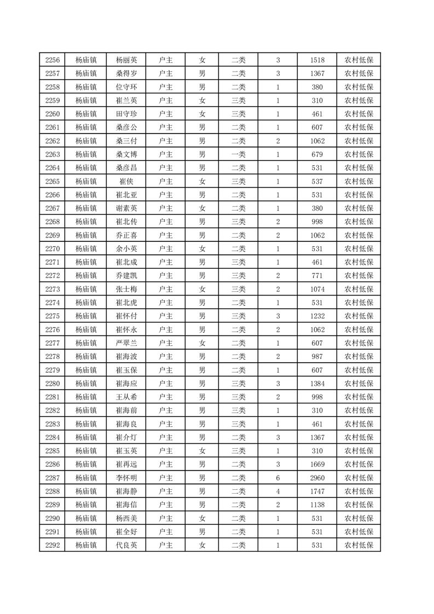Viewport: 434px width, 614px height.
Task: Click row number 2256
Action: point(53,60)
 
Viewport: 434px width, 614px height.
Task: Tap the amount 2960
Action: point(317,478)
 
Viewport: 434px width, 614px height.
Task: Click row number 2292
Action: point(53,545)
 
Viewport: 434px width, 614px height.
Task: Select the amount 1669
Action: point(317,464)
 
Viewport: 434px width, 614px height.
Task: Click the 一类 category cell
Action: point(238,154)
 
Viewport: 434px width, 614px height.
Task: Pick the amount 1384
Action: point(317,384)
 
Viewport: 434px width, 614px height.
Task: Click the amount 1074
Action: point(317,289)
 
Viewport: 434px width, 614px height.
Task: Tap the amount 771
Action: point(317,276)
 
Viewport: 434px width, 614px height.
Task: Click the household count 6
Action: point(278,478)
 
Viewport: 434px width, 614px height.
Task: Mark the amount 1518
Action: point(317,60)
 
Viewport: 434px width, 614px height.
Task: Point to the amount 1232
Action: point(317,316)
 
